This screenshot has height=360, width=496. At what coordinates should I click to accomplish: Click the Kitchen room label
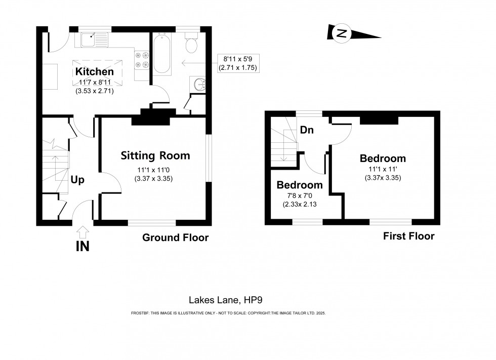tap(95, 71)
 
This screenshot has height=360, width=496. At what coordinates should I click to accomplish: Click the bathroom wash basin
tap(197, 84)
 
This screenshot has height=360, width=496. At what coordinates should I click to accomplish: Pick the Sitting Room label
tap(155, 155)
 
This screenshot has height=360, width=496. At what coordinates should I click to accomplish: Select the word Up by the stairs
tap(77, 179)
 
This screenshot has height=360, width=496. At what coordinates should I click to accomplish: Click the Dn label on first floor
tap(307, 130)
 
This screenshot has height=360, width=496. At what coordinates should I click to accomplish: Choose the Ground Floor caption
tap(175, 237)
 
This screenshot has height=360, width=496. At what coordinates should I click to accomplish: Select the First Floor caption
tap(408, 236)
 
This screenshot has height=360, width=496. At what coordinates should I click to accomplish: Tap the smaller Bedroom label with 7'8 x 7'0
tap(299, 185)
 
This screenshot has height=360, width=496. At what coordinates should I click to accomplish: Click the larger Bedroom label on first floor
tap(383, 158)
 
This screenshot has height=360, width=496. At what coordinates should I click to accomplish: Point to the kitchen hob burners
tap(142, 60)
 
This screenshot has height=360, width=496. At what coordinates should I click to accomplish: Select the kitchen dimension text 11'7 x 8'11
tap(95, 82)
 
